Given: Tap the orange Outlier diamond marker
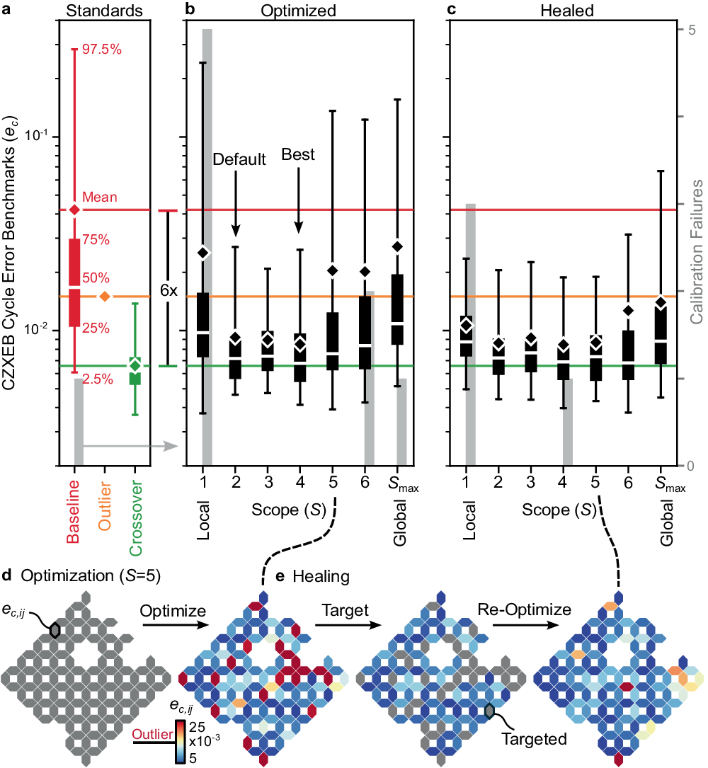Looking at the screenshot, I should pyautogui.click(x=105, y=296).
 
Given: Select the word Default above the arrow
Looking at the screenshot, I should pyautogui.click(x=239, y=159).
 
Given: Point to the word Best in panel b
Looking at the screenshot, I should pyautogui.click(x=298, y=154).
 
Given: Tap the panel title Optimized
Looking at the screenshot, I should pyautogui.click(x=297, y=11).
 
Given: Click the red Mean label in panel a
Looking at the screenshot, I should pyautogui.click(x=100, y=197).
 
